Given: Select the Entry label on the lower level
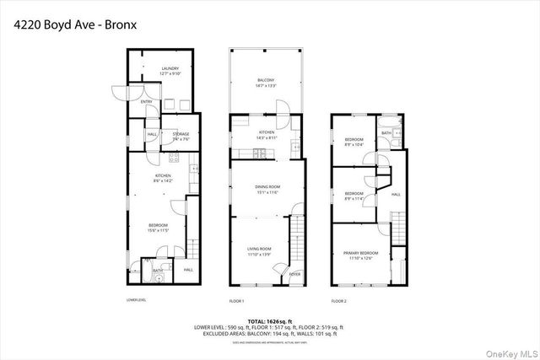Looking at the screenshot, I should pos(146,103).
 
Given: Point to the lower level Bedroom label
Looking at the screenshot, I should pos(159,227).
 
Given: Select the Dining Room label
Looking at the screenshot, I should pos(267,189).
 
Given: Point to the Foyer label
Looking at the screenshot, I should pos(294,275).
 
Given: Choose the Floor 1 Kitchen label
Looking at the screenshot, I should pos(267,133).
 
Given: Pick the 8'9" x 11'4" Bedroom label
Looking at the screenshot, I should pos(354,196).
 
